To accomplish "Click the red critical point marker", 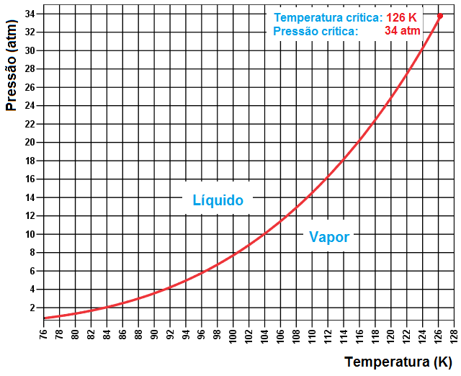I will click(x=440, y=16).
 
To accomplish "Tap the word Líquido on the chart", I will click(x=218, y=200).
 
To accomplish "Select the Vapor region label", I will click(x=329, y=236).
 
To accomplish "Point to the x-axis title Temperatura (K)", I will click(x=398, y=361).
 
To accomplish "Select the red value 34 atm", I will click(x=403, y=31).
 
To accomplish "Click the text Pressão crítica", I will click(x=315, y=31).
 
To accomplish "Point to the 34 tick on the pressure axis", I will click(x=30, y=14).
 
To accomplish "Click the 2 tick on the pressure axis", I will click(x=32, y=308).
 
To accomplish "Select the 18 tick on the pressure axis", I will click(x=30, y=161).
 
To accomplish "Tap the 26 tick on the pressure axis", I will click(x=30, y=87).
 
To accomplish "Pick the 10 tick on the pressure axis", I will click(x=30, y=234).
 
